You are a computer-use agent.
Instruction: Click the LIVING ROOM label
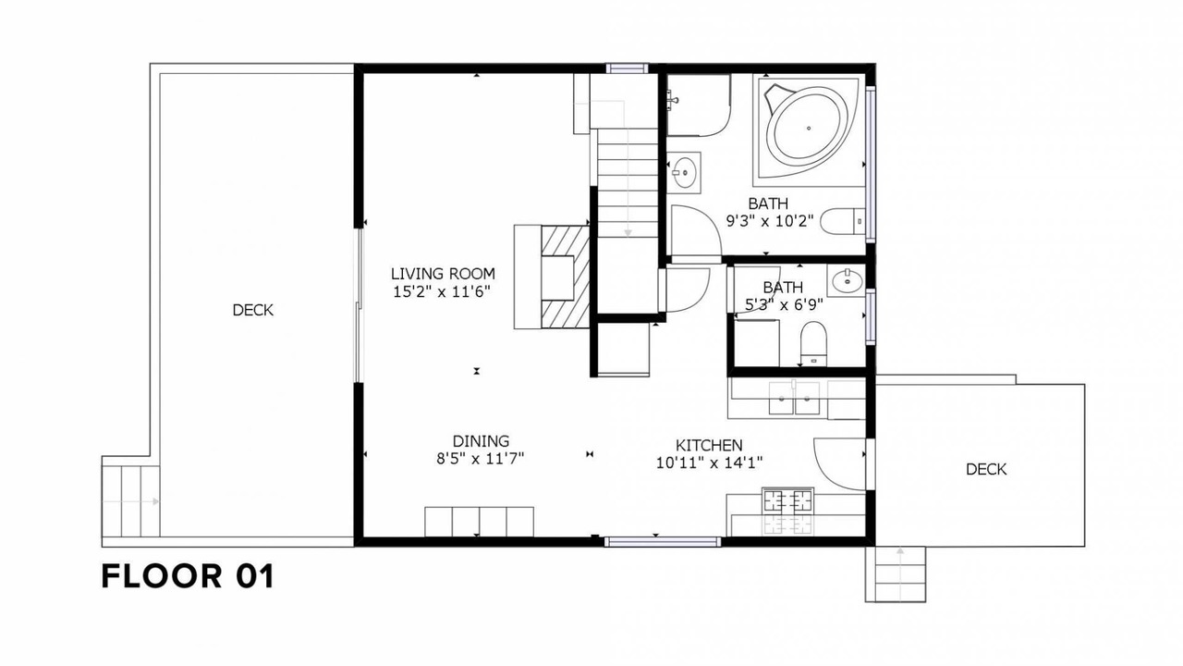tap(443, 274)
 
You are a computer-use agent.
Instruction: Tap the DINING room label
tap(481, 441)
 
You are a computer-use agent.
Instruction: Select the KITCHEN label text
tap(709, 445)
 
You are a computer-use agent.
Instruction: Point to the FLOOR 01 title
tap(188, 576)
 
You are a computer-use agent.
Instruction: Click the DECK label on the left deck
tap(253, 310)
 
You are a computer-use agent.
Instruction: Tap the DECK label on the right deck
tap(986, 469)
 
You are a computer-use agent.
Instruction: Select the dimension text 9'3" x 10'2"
tap(770, 221)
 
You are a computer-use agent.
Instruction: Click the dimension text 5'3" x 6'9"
tap(784, 305)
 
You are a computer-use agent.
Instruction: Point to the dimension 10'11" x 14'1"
tap(709, 463)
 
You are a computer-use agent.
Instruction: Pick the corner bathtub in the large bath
tap(808, 129)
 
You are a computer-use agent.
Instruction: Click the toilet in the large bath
tap(843, 221)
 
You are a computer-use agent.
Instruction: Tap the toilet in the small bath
tap(813, 343)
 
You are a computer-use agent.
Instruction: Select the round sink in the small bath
tap(848, 279)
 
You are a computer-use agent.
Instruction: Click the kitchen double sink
tap(794, 398)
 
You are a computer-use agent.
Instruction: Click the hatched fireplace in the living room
tap(565, 277)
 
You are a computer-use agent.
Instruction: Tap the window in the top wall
tap(627, 68)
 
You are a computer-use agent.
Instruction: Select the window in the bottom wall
tap(663, 541)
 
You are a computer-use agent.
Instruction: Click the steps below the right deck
tap(896, 574)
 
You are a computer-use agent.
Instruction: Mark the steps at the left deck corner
tap(130, 501)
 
